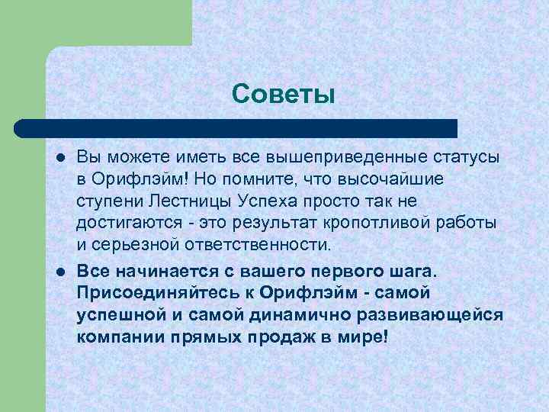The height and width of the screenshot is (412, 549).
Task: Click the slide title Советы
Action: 284,94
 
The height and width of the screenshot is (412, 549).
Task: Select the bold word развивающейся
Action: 432,315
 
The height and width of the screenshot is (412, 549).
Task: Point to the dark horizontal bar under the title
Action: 236,128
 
